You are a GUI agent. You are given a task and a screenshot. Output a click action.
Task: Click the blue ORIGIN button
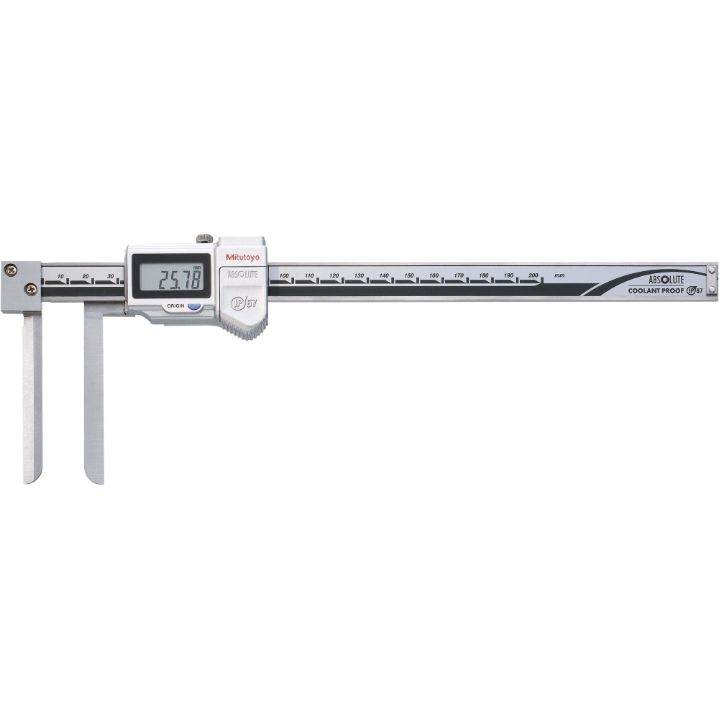pyautogui.click(x=193, y=306)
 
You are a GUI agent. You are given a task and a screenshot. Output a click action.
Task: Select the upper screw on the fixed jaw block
pyautogui.click(x=12, y=270)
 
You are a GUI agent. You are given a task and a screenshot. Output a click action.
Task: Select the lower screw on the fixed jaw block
pyautogui.click(x=30, y=288)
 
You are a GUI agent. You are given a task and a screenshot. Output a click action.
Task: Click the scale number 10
pyautogui.click(x=60, y=276)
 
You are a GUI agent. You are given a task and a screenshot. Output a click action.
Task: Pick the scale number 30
pyautogui.click(x=110, y=276)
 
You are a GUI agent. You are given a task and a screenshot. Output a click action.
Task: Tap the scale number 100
pyautogui.click(x=285, y=275)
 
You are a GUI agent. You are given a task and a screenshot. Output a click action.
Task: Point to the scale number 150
pyautogui.click(x=409, y=275)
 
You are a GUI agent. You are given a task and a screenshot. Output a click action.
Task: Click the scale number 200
pyautogui.click(x=533, y=275)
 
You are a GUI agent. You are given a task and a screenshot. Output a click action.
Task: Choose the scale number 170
pyautogui.click(x=459, y=275)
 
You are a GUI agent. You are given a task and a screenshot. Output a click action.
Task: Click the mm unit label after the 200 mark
pyautogui.click(x=559, y=275)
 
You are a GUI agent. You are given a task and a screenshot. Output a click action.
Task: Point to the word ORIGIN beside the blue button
pyautogui.click(x=175, y=306)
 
